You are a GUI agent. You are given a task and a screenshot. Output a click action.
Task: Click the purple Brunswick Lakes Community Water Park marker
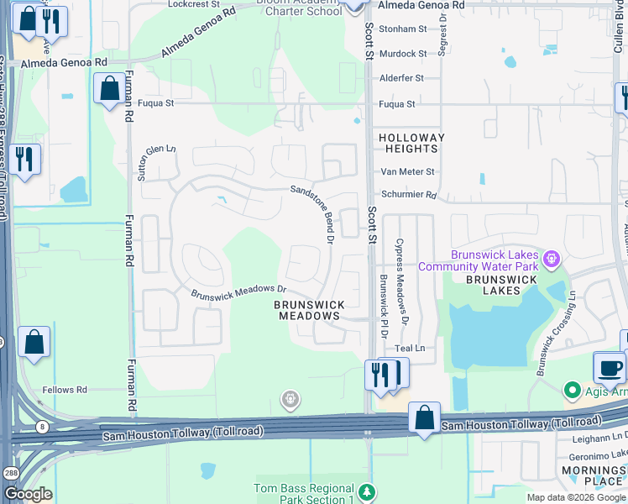pos(551,259)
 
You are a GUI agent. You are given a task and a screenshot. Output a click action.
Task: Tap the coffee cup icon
pos(610,367)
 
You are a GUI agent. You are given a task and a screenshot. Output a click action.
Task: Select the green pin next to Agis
pos(573,390)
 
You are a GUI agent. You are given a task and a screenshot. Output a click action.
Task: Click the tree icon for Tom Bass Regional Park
pos(366,489)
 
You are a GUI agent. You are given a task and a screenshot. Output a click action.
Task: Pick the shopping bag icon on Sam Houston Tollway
pos(425,417)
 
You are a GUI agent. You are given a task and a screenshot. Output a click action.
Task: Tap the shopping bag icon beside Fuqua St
pos(109,88)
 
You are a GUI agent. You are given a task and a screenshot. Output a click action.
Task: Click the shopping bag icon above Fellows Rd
pos(34,341)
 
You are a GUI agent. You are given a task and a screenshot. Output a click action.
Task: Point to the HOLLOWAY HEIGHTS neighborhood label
pos(411,143)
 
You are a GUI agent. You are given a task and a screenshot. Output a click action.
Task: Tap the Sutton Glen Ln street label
pos(157,160)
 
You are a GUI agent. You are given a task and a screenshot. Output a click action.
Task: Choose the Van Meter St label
pos(409,171)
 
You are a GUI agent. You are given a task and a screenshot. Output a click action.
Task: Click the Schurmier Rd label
pos(409,194)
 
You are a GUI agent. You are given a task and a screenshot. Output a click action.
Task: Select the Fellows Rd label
pos(65,390)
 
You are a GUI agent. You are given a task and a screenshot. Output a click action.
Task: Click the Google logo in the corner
pos(28,494)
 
